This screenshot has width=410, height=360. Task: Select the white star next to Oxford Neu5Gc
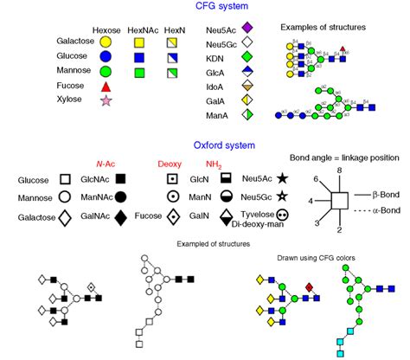283,196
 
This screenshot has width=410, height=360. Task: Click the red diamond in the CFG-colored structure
310,285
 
